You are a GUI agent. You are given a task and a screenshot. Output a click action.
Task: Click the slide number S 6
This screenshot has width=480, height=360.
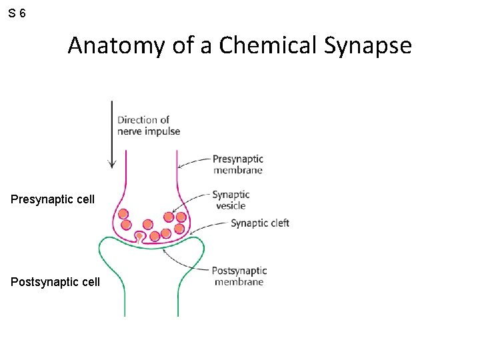(x=18, y=13)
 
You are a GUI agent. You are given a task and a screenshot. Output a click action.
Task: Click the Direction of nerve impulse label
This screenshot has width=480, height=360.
(x=149, y=125)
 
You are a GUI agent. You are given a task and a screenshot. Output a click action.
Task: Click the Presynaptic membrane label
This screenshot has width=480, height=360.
(x=238, y=164)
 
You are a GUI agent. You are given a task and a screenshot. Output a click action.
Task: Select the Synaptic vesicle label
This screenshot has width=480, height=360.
(x=231, y=199)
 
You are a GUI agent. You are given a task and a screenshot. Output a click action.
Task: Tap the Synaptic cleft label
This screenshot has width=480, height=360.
(x=260, y=223)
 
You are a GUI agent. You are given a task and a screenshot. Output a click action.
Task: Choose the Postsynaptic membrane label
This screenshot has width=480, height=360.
(x=239, y=276)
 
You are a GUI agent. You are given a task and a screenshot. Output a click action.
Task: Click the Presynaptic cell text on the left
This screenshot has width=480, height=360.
(x=53, y=199)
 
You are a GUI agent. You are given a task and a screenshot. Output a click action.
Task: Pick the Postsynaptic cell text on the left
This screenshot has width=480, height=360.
(x=55, y=282)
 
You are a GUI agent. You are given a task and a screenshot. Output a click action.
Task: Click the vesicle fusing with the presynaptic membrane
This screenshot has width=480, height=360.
(x=139, y=235)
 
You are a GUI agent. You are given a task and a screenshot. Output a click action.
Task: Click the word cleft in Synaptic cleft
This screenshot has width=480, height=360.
(x=279, y=223)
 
